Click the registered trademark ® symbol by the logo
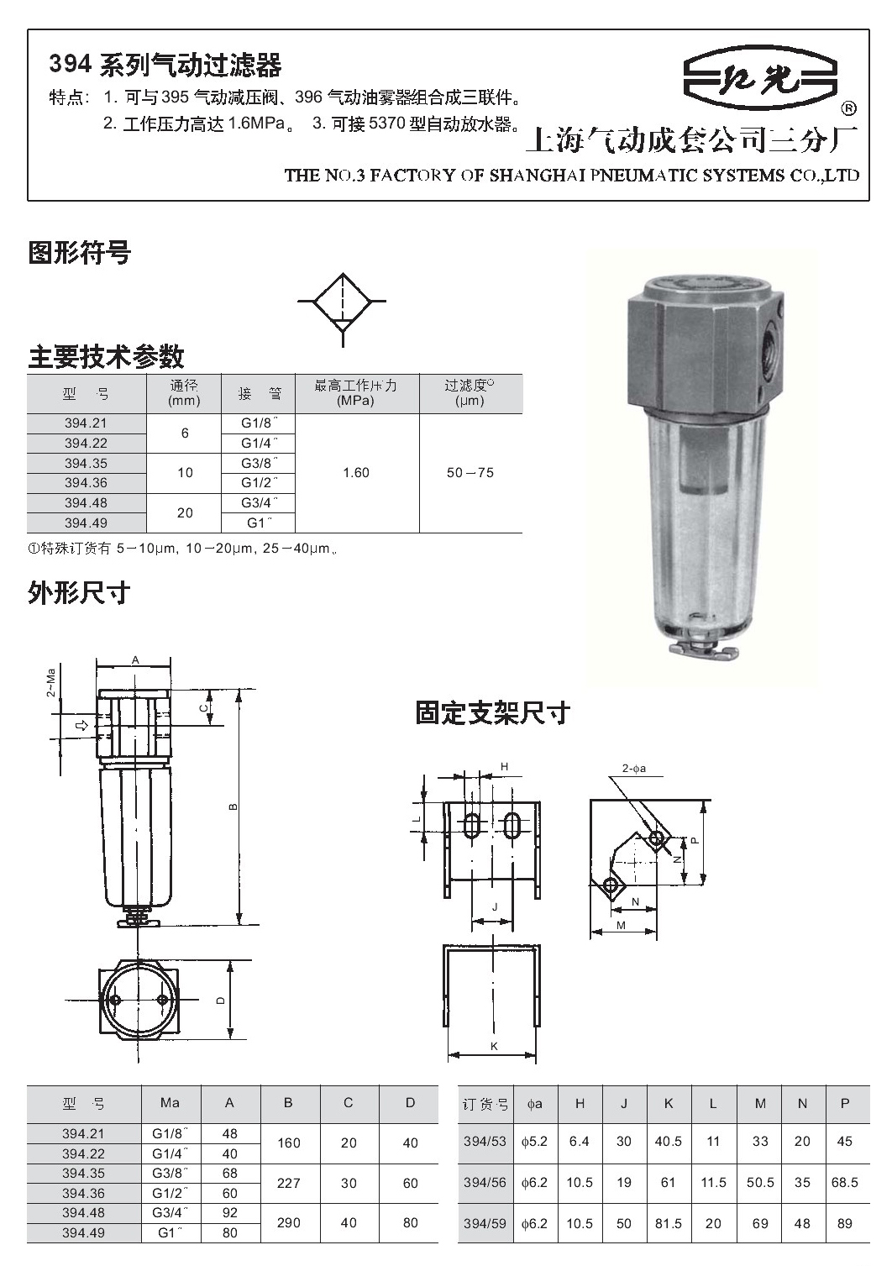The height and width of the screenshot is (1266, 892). (848, 108)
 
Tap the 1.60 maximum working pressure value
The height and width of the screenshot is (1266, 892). (356, 472)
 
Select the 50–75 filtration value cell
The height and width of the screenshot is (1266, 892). (470, 472)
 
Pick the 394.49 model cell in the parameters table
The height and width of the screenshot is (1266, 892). (86, 523)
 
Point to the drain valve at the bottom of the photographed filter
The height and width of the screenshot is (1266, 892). (704, 651)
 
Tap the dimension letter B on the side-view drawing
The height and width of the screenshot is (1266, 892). (233, 807)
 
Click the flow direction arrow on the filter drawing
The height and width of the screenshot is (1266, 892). (82, 725)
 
